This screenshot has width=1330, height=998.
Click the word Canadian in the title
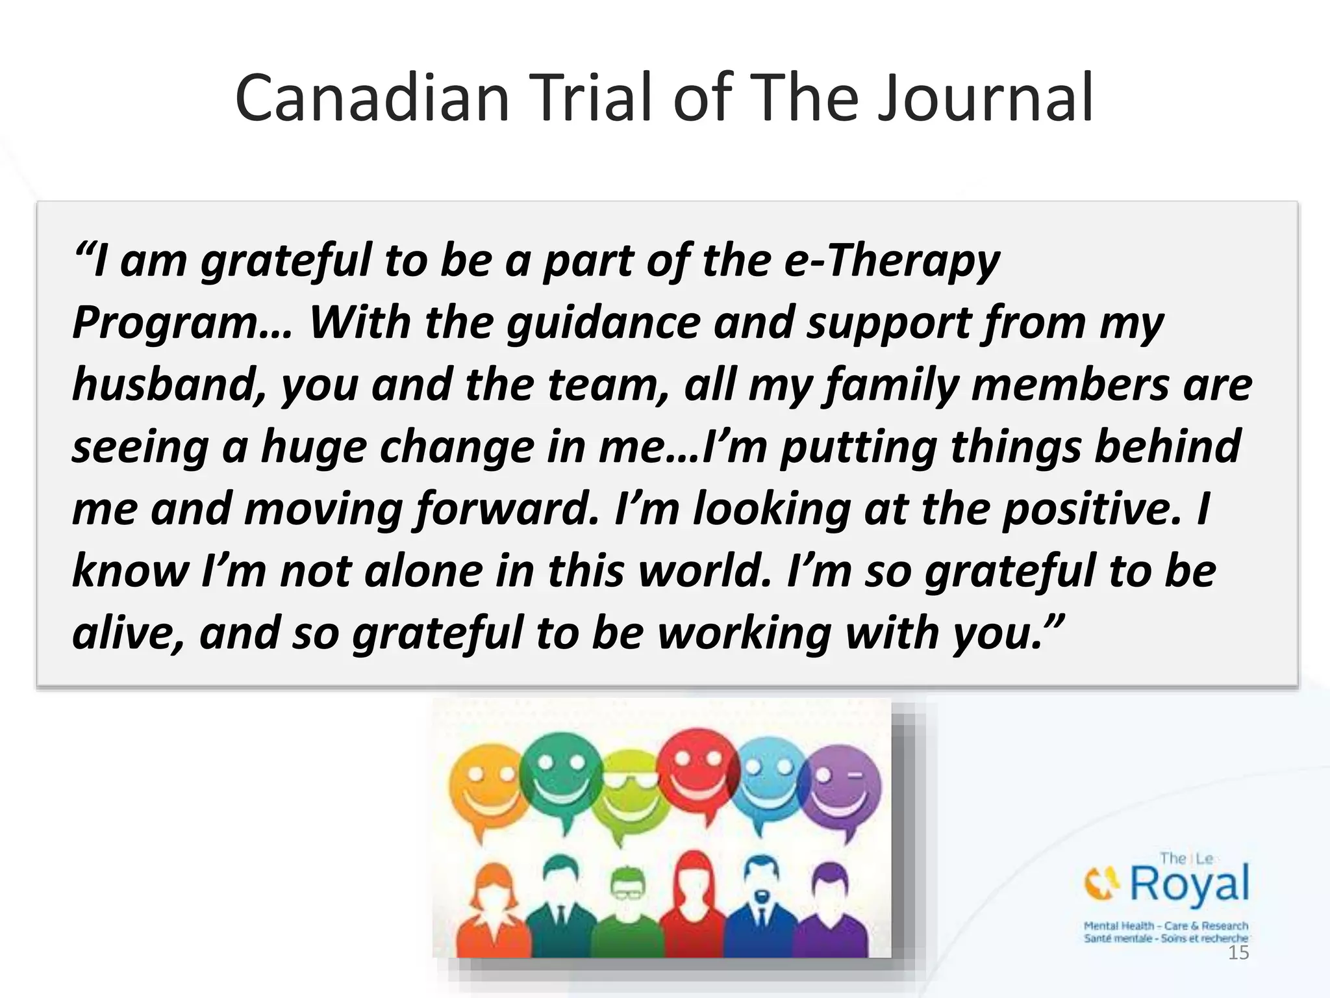(372, 99)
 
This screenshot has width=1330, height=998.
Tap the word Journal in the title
(986, 99)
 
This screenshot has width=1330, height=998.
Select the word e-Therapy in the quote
(892, 261)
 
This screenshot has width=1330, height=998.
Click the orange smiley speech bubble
(484, 789)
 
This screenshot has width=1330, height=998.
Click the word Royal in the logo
(1190, 884)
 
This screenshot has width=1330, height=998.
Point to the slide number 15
(1238, 953)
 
